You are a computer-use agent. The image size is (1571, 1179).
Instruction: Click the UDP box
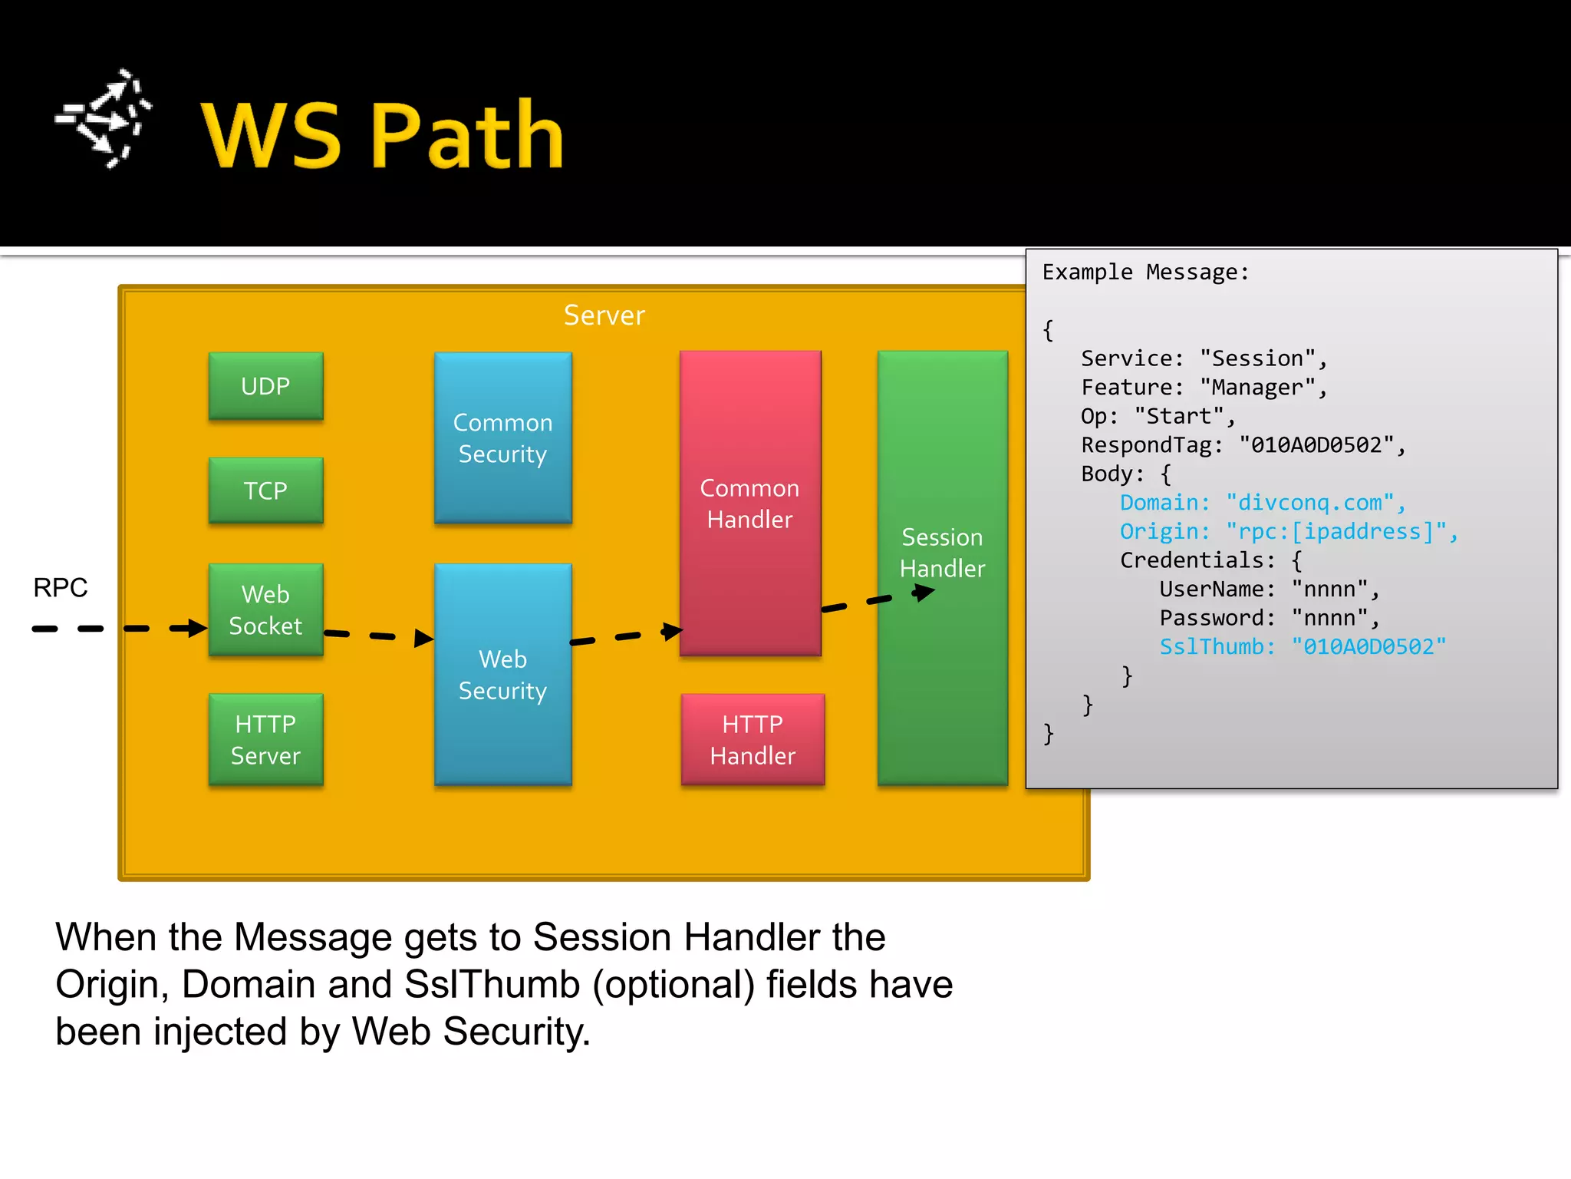[x=265, y=386]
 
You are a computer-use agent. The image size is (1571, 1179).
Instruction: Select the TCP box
[x=265, y=490]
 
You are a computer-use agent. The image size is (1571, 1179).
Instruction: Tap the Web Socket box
[x=265, y=609]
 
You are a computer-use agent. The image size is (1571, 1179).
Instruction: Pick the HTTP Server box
[x=265, y=739]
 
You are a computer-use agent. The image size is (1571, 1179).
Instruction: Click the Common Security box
[x=502, y=438]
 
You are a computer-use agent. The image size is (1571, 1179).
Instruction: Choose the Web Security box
[x=502, y=675]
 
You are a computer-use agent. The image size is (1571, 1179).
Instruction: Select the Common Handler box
[x=749, y=503]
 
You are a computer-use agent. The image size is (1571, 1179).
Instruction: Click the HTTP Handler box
[x=753, y=739]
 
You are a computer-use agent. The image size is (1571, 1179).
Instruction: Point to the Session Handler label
[x=942, y=553]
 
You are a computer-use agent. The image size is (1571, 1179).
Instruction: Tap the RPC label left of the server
[x=60, y=587]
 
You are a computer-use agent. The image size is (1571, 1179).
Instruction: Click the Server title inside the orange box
[x=604, y=315]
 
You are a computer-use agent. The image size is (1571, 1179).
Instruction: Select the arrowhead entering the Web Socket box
[x=196, y=628]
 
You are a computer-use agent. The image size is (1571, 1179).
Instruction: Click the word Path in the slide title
[x=467, y=136]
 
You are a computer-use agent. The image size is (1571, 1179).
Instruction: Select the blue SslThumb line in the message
[x=1302, y=646]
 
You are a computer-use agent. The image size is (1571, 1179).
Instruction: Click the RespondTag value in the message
[x=1316, y=445]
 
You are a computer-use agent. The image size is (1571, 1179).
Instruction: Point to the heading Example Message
[x=1145, y=272]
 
